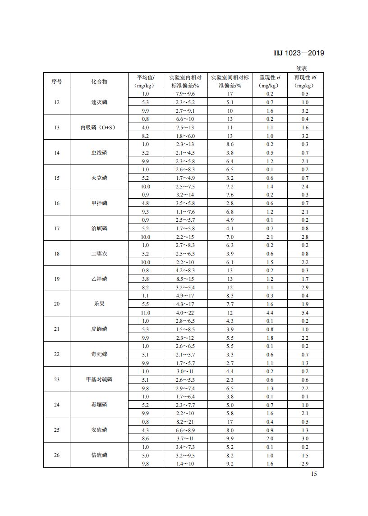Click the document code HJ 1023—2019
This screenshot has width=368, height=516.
[x=299, y=53]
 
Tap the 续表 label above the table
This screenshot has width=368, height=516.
[x=302, y=68]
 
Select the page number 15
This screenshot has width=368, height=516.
[x=314, y=474]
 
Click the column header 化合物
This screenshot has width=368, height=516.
[x=99, y=82]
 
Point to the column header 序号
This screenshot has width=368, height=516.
[x=57, y=82]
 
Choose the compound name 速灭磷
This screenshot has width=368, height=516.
[x=99, y=102]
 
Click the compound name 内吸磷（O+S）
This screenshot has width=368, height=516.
[x=99, y=128]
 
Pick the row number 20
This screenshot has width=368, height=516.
[x=57, y=304]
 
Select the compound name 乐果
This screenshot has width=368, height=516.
[x=99, y=304]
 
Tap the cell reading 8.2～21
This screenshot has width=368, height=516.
[x=185, y=421]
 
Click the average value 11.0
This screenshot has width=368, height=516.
[x=146, y=312]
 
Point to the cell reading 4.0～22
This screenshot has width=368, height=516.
[x=185, y=312]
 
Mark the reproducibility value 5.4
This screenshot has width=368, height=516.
[x=305, y=312]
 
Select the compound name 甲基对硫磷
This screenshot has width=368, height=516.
[x=99, y=379]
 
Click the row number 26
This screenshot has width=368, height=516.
[x=57, y=455]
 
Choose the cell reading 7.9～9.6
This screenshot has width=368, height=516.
[x=185, y=94]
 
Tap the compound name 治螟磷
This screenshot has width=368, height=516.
[x=99, y=228]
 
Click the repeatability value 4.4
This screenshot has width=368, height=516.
[x=269, y=312]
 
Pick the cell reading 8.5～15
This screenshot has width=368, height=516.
[x=185, y=279]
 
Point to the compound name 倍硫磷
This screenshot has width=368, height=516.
[x=99, y=455]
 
